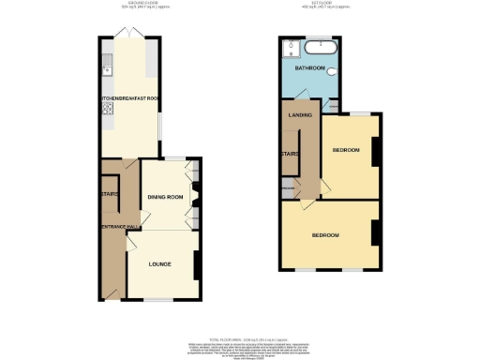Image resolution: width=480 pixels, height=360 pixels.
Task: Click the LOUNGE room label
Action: (160, 264)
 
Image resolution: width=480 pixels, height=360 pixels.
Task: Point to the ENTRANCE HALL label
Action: (117, 227)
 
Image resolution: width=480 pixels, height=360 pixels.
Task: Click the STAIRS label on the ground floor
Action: (108, 195)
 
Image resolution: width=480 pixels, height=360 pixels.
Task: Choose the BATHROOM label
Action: (311, 69)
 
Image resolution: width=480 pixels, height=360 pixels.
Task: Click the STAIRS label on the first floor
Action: (290, 155)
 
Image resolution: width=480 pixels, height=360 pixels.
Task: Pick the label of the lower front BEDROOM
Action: (325, 233)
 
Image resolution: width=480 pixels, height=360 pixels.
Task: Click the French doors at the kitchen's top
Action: (132, 35)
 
